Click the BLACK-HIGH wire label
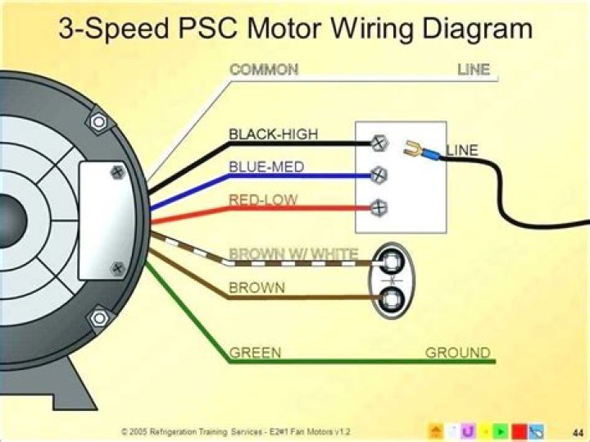[274, 134]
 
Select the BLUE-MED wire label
[266, 167]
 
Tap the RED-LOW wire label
[263, 200]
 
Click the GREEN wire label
[255, 353]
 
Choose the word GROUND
[457, 353]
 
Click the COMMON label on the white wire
[264, 70]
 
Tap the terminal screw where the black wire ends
[378, 143]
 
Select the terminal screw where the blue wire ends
[378, 175]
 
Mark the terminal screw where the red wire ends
[378, 207]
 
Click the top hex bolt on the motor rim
[98, 123]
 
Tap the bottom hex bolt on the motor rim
[98, 316]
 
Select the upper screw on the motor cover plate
[117, 173]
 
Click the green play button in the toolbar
[499, 431]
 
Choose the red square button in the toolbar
[517, 431]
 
